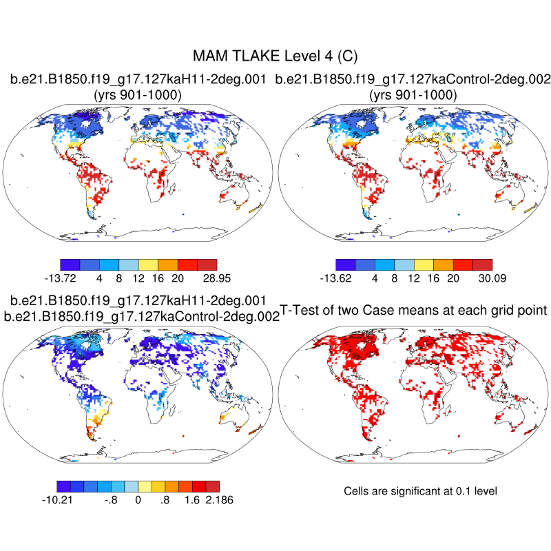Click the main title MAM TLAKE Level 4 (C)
tap(275, 55)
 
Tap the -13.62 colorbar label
tap(336, 278)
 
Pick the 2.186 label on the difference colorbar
tap(218, 500)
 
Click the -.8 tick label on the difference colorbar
tap(111, 500)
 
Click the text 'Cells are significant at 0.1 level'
tap(420, 491)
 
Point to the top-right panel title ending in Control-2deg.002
tap(413, 80)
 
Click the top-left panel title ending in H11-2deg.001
tap(138, 80)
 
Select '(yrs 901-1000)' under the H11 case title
tap(138, 95)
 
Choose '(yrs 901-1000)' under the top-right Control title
tap(413, 95)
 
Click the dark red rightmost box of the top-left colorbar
tap(207, 264)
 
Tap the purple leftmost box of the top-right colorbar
tap(345, 264)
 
